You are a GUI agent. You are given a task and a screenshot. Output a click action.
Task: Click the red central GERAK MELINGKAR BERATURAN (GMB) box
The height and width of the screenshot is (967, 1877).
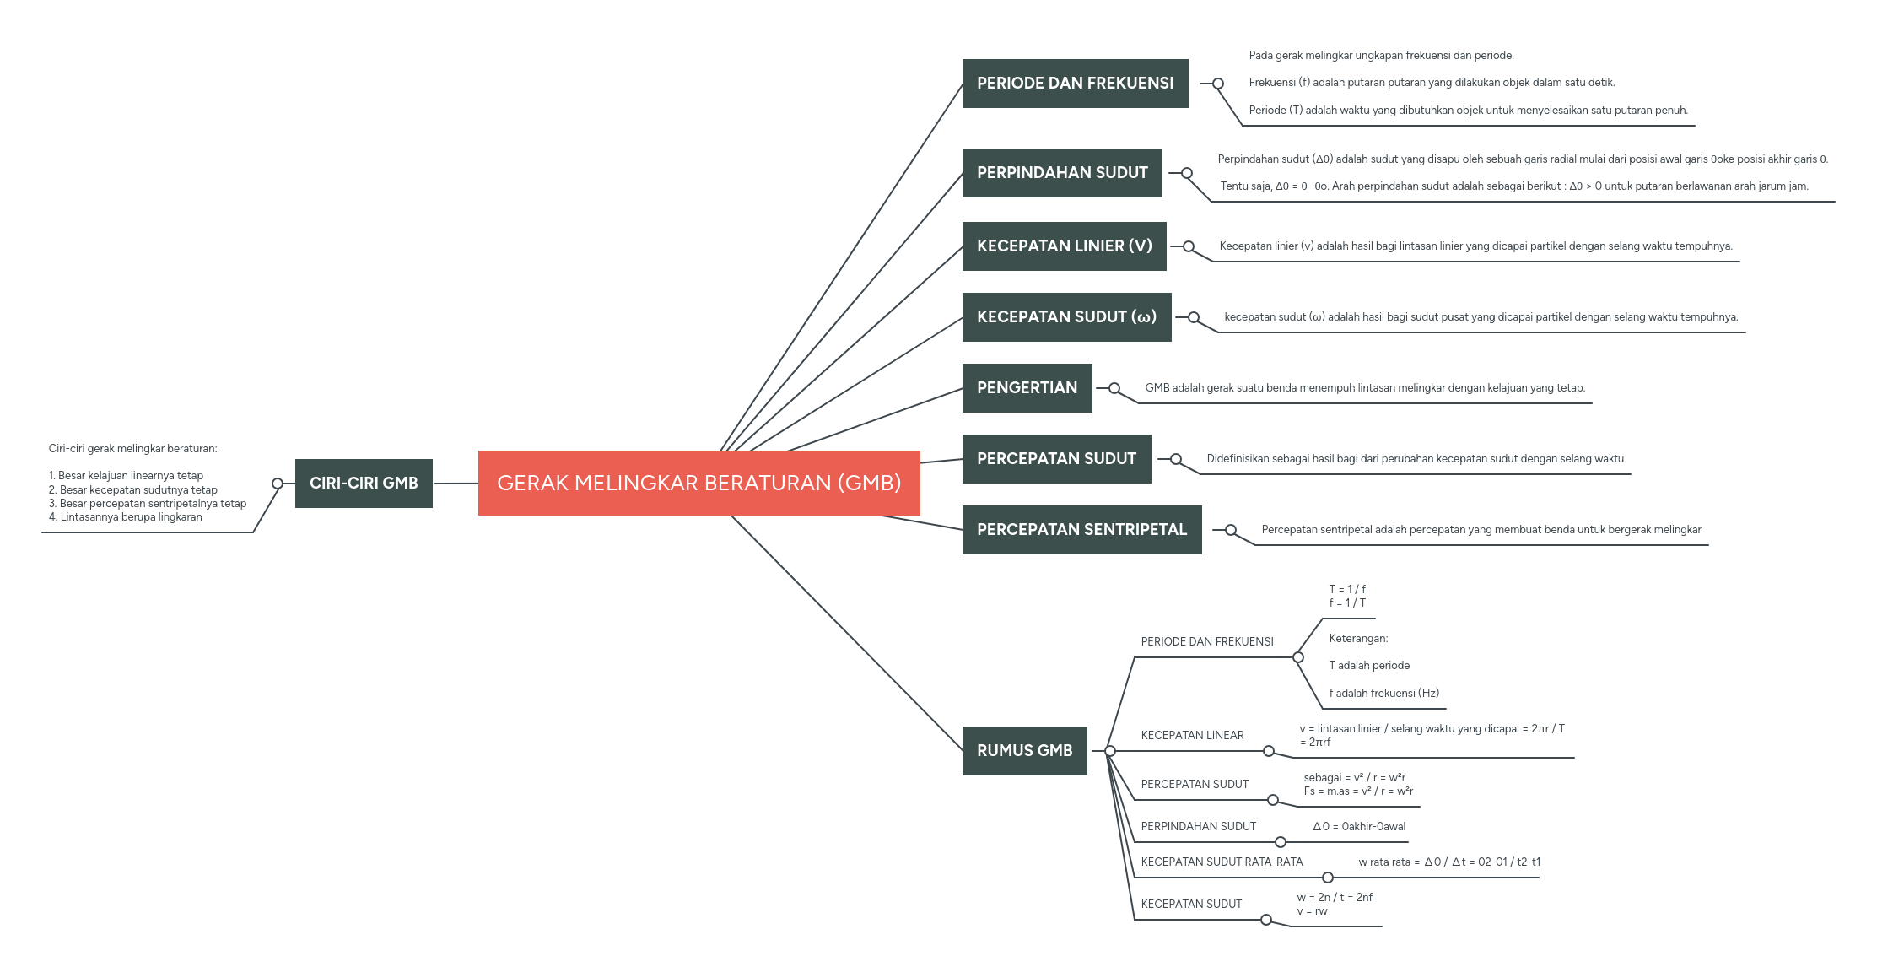[x=698, y=483]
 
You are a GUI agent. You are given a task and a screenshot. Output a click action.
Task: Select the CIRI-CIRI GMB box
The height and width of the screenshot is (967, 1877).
[x=364, y=483]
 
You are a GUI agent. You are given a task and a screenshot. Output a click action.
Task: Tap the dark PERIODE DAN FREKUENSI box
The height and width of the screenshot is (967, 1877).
[x=1075, y=83]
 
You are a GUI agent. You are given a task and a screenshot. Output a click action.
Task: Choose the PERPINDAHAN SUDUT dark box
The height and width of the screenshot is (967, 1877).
[x=1062, y=172]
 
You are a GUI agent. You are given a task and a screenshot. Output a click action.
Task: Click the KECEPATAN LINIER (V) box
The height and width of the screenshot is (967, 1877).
[x=1064, y=246]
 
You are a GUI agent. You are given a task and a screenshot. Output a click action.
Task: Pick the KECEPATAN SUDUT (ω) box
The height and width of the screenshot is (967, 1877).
[x=1066, y=316]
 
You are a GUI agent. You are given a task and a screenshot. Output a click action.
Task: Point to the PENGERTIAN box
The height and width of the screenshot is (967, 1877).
[x=1027, y=387]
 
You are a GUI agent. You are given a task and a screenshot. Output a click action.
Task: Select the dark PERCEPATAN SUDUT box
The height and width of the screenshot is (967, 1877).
[x=1056, y=458]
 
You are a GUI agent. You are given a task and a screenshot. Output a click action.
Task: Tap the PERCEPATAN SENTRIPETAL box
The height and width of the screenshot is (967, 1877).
[x=1081, y=529]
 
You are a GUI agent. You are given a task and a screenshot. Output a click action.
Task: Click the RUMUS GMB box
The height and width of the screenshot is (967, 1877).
[x=1024, y=750]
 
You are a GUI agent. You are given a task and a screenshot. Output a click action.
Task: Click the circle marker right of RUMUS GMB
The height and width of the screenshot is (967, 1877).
[x=1110, y=751]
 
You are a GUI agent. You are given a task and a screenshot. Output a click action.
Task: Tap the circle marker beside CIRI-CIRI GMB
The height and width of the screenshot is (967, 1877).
[x=278, y=483]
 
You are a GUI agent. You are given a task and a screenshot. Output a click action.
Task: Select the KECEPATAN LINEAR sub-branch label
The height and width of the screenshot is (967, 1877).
[x=1192, y=735]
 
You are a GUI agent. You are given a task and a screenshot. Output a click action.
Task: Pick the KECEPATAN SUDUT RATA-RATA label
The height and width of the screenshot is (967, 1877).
[x=1222, y=862]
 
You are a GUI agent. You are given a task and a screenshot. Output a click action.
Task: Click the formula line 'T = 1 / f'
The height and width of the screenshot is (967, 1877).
[x=1347, y=589]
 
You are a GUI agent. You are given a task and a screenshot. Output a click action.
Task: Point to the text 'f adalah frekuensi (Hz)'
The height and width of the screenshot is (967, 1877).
[x=1383, y=693]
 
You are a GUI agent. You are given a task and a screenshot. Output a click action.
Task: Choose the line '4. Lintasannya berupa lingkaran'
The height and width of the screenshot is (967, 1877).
[x=126, y=516]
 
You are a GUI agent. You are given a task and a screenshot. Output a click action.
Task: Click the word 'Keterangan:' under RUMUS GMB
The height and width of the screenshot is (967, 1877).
[x=1358, y=638]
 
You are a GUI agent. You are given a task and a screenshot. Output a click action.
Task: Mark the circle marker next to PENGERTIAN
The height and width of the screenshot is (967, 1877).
[x=1114, y=388]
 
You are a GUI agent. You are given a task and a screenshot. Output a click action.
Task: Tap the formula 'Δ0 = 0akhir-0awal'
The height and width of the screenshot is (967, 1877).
[x=1359, y=826]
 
